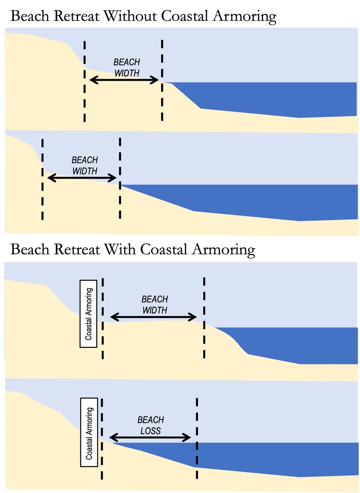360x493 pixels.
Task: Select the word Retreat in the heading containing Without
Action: pyautogui.click(x=77, y=16)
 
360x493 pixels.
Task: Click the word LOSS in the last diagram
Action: pyautogui.click(x=151, y=431)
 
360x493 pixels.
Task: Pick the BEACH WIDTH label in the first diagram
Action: pyautogui.click(x=127, y=68)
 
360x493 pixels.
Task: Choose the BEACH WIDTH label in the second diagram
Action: pyautogui.click(x=85, y=166)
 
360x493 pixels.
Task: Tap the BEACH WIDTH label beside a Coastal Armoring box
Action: pyautogui.click(x=155, y=305)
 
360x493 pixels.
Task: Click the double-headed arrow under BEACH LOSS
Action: pyautogui.click(x=150, y=438)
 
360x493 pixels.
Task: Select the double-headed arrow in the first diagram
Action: pyautogui.click(x=124, y=80)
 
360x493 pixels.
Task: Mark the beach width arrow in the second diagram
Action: pyautogui.click(x=82, y=178)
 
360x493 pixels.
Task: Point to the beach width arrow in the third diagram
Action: pyautogui.click(x=153, y=317)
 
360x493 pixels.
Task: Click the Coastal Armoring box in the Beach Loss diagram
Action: pyautogui.click(x=89, y=432)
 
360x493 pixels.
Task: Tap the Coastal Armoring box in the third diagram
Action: pyautogui.click(x=88, y=314)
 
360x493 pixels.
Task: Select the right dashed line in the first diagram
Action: pyautogui.click(x=162, y=80)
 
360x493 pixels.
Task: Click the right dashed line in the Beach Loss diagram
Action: pyautogui.click(x=197, y=438)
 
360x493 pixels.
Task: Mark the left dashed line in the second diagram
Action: pyautogui.click(x=42, y=179)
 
